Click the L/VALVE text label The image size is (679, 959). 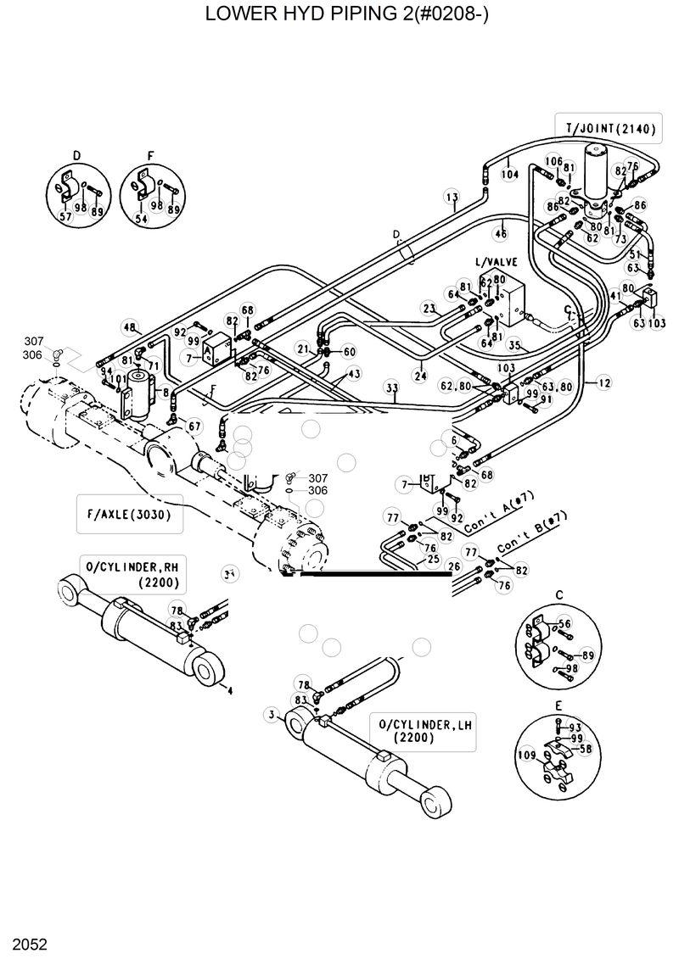click(496, 262)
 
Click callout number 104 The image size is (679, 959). click(509, 174)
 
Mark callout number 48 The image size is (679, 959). click(129, 327)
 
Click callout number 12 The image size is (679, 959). click(603, 382)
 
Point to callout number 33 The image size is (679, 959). click(391, 388)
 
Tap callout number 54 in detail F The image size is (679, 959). click(140, 219)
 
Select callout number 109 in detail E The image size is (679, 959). click(525, 753)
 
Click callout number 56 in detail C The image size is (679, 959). click(564, 623)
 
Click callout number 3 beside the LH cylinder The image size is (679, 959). click(271, 715)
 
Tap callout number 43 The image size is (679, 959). click(353, 373)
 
